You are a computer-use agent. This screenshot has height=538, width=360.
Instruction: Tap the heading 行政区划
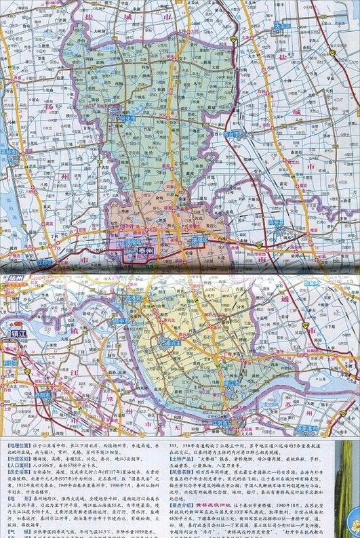16,457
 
